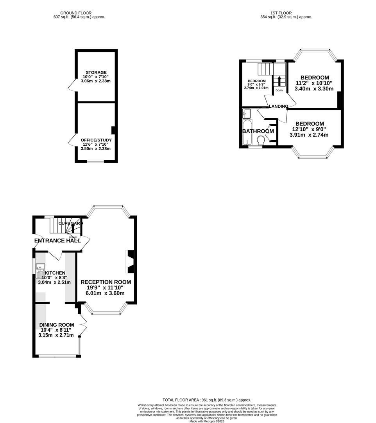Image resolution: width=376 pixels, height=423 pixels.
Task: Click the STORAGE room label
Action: [96, 72]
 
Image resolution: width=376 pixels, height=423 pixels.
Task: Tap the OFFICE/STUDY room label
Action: [96, 140]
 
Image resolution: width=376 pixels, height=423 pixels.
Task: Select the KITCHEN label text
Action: [55, 273]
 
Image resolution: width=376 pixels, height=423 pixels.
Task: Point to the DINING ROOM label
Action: [56, 325]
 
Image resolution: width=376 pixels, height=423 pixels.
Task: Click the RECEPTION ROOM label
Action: [106, 282]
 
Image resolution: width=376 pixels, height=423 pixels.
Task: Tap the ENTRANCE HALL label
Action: [57, 240]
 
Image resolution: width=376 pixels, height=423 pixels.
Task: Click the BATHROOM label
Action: [258, 131]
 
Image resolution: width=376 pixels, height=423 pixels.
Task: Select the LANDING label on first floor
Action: [278, 106]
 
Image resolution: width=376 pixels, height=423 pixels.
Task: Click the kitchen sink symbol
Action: [40, 268]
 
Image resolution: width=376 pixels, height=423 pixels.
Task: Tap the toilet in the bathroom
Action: [261, 140]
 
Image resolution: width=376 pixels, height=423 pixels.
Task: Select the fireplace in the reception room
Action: [130, 262]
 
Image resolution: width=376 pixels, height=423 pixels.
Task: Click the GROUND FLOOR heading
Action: [79, 13]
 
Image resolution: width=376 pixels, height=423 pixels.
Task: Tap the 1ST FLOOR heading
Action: [286, 13]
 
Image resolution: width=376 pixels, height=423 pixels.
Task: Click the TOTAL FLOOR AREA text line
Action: [207, 400]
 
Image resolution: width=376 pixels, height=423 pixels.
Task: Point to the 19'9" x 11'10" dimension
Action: [106, 287]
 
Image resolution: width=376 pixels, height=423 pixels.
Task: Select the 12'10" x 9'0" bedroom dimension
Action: [309, 129]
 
